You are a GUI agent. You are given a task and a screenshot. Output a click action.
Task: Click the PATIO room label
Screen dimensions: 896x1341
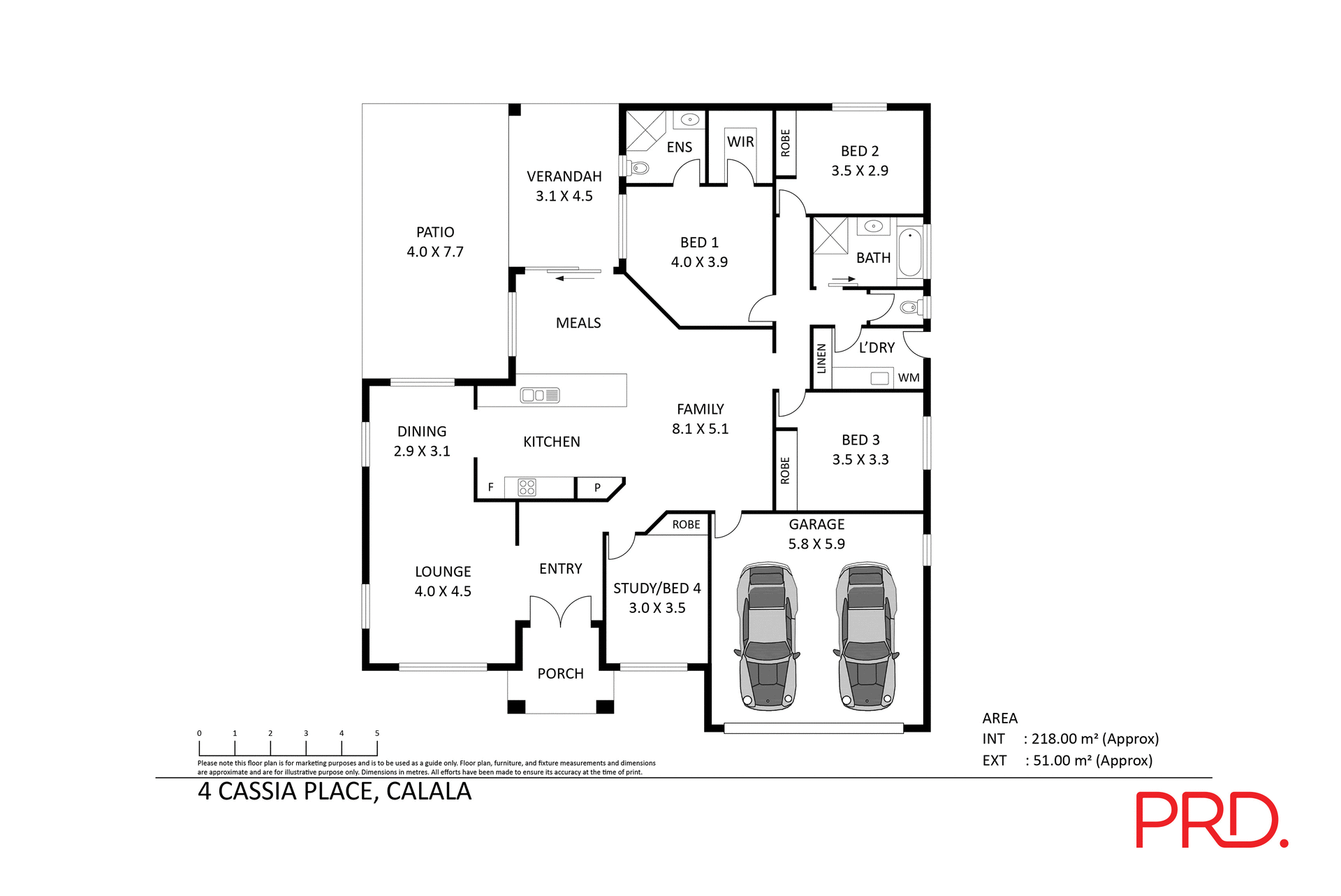[434, 232]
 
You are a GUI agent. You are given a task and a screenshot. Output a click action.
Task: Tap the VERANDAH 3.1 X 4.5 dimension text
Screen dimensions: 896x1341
[564, 196]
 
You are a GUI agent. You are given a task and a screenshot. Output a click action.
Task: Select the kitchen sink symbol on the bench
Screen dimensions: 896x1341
[540, 396]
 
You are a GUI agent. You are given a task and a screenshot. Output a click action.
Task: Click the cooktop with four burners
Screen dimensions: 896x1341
[527, 487]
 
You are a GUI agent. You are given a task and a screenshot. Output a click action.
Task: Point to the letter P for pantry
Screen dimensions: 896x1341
[597, 488]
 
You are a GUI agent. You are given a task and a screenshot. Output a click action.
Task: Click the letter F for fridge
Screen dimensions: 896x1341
[490, 487]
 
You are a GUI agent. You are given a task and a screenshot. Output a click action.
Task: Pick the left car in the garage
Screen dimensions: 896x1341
[767, 636]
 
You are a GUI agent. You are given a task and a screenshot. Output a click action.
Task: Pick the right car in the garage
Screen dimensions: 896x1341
[866, 636]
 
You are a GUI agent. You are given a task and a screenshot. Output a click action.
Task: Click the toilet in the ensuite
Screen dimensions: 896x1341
[638, 168]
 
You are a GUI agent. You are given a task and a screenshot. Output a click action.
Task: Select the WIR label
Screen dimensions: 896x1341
[740, 142]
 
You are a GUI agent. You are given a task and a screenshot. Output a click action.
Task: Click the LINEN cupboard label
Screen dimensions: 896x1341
[821, 359]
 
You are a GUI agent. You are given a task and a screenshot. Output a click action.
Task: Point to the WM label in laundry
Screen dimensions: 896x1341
[908, 378]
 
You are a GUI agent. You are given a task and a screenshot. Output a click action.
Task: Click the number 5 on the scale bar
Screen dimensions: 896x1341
[377, 733]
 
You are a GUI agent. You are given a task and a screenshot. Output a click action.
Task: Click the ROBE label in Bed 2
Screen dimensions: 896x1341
[785, 143]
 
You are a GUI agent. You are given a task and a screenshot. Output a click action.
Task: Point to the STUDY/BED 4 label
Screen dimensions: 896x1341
[657, 588]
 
